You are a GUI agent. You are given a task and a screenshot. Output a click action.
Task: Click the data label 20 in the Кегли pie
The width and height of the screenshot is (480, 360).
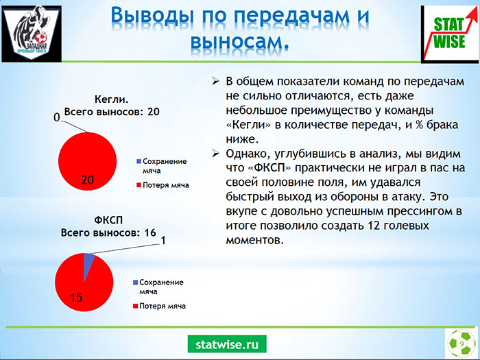coord(87,180)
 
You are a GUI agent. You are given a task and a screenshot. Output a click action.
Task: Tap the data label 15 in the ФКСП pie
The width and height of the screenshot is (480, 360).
coord(76,298)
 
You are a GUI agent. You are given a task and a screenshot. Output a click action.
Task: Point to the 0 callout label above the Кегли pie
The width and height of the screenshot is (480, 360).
coord(57,117)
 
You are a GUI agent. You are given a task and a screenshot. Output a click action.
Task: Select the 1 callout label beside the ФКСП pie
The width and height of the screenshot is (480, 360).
coord(163,241)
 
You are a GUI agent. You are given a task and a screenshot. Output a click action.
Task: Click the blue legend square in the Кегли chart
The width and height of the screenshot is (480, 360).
coord(139,161)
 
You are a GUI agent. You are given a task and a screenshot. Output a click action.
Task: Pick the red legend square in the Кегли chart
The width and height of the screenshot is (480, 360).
coord(139,185)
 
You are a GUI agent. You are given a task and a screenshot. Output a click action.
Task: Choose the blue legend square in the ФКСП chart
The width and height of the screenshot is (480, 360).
coord(135,283)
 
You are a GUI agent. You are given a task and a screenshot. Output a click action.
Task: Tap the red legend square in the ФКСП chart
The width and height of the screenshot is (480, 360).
coord(135,306)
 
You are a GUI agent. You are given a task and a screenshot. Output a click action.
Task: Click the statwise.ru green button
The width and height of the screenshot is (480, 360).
coord(227,344)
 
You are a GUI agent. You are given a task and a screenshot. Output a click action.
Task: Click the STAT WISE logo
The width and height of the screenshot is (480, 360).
coord(450,34)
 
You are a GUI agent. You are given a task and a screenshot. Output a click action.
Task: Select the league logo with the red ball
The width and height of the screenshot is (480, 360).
coord(32,34)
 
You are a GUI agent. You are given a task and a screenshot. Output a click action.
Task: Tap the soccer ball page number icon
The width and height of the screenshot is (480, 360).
coord(461,344)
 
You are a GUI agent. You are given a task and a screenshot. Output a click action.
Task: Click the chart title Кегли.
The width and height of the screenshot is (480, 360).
coord(111,99)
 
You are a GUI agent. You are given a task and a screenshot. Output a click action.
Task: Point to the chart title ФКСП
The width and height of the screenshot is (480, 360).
coord(108,220)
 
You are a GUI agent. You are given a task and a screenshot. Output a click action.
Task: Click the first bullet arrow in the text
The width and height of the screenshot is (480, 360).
coord(216,82)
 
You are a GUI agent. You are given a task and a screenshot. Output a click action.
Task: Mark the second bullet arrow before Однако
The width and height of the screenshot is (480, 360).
coord(216,154)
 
